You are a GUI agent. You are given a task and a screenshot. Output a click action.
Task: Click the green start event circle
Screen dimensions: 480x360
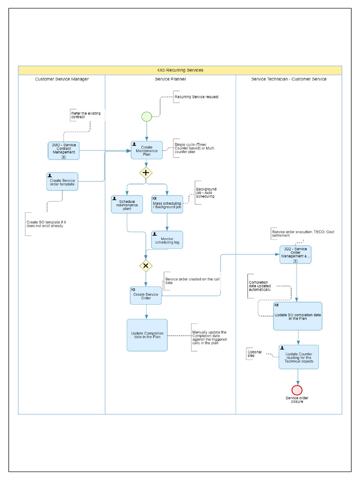coord(147,116)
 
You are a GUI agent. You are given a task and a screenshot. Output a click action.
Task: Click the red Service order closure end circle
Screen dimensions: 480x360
coord(297,390)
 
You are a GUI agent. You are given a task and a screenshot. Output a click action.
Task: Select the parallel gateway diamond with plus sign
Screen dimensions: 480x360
coord(146,172)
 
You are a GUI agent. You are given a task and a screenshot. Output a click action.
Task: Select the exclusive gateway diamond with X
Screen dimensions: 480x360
coord(146,266)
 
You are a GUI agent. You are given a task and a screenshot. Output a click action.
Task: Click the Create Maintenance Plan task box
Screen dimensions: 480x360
coord(147,150)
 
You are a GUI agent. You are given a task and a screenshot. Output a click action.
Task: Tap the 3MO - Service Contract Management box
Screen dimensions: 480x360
coord(63,150)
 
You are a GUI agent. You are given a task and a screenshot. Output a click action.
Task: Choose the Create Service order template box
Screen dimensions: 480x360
coord(62,181)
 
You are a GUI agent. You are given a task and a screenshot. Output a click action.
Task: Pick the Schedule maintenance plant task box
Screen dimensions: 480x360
coord(127,204)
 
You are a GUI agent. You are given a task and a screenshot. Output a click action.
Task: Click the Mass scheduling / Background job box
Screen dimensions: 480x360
coord(167,204)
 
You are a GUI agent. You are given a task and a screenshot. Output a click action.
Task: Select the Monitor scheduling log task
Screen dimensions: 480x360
coord(167,240)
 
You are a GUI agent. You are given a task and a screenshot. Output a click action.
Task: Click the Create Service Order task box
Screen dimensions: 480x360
coord(146,296)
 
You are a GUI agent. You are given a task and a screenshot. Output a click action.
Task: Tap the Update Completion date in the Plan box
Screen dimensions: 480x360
coord(147,335)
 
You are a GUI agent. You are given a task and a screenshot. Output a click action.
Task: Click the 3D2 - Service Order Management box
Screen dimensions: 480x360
coord(295,254)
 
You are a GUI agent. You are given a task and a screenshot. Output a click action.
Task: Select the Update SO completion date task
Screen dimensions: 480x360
coord(298,316)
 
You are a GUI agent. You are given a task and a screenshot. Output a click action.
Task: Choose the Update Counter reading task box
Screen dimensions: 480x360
coord(299,357)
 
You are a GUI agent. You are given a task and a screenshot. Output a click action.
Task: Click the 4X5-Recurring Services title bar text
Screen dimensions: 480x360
coord(180,70)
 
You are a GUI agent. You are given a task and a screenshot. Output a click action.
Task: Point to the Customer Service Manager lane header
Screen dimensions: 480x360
coord(62,79)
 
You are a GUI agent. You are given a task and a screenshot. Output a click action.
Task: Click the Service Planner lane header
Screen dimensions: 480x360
coord(171,79)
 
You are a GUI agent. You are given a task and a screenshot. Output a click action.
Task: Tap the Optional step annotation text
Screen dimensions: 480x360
coord(255,353)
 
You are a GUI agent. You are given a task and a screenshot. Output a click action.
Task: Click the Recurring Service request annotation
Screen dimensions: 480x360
coord(196,97)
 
